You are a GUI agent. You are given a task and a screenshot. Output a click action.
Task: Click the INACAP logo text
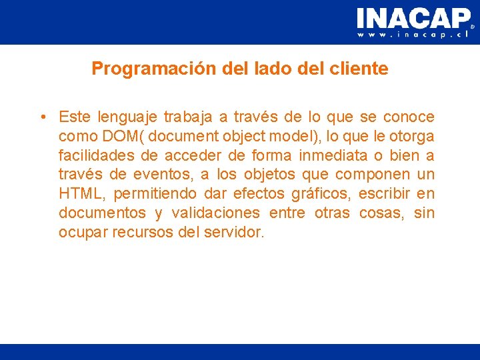pos(413,18)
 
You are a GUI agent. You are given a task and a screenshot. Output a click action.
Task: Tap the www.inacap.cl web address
pos(413,35)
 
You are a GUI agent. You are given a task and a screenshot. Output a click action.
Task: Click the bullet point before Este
pos(42,117)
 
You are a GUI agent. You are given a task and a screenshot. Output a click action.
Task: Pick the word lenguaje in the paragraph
pos(128,117)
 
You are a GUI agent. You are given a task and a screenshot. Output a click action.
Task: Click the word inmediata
pos(331,156)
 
